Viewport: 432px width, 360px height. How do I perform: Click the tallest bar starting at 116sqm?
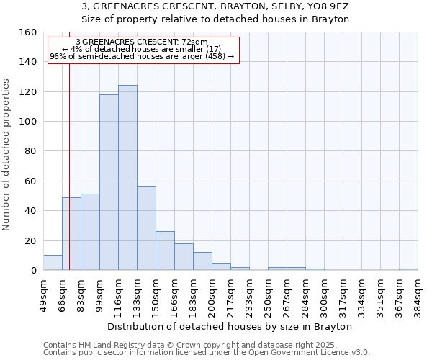click(127, 178)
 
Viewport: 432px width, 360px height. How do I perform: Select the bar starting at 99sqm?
click(109, 182)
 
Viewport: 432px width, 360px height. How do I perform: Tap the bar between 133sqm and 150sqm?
click(146, 228)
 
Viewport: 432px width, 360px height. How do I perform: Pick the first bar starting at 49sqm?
click(53, 263)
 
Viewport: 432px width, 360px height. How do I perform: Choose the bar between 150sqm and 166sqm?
click(165, 251)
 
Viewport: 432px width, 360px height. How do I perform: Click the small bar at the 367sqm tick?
click(408, 269)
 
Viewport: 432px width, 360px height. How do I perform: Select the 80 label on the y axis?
click(31, 151)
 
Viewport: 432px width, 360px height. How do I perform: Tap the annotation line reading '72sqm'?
click(141, 42)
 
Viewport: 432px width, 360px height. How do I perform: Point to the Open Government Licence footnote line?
click(207, 353)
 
